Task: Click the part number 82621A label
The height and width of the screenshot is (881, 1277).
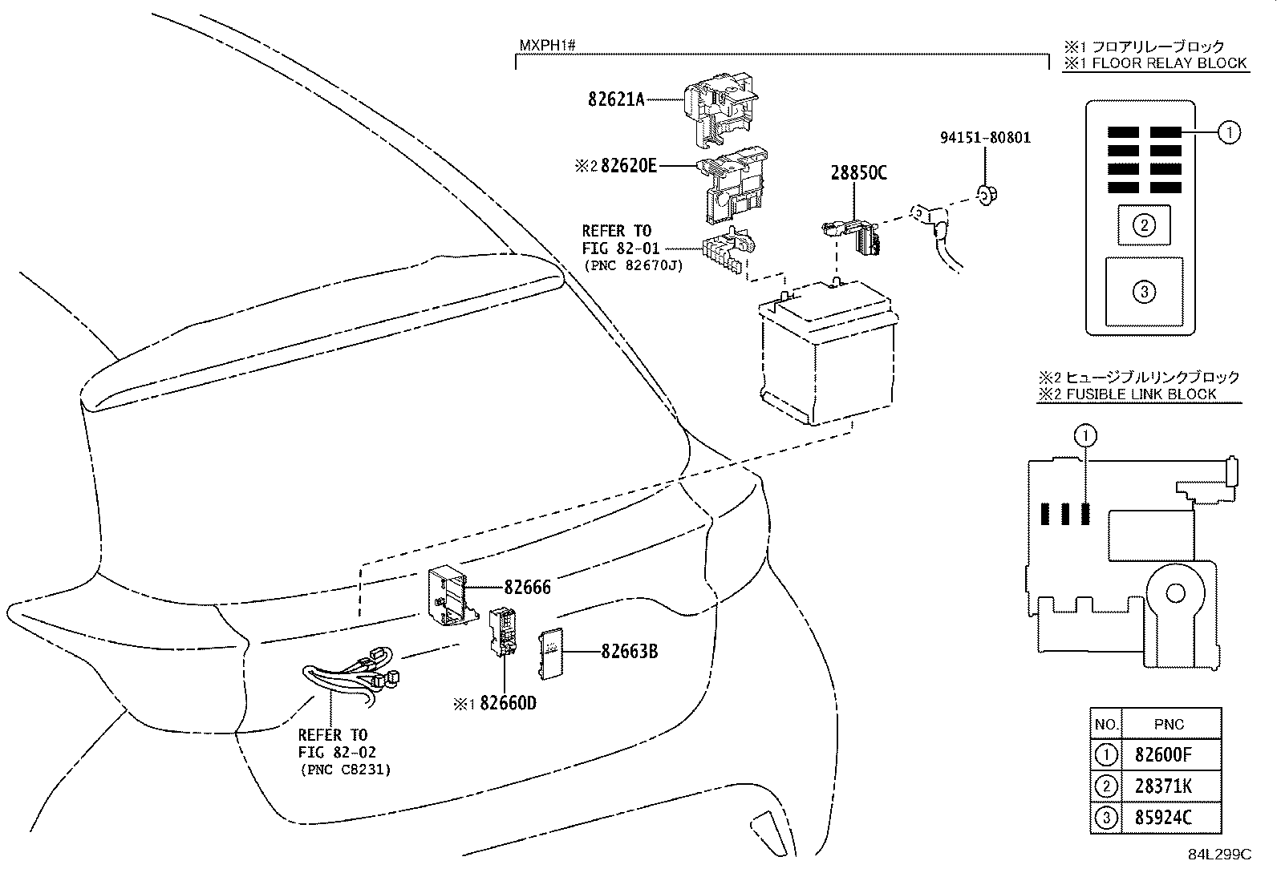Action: [616, 100]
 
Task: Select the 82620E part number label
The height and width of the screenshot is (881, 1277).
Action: [628, 166]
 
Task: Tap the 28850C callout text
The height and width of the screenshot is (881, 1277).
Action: [858, 173]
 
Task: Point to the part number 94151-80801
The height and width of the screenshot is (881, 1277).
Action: [985, 138]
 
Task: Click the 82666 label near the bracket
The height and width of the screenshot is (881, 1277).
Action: [527, 587]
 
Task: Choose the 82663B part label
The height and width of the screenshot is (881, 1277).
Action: [630, 652]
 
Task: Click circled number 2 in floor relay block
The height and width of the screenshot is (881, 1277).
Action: [1144, 225]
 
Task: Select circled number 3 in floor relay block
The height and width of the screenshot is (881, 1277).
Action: [1144, 291]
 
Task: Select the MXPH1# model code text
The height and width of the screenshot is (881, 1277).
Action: [547, 45]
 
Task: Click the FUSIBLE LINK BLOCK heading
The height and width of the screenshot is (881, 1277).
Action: [1138, 394]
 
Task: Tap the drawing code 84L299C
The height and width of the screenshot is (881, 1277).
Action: [1219, 855]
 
